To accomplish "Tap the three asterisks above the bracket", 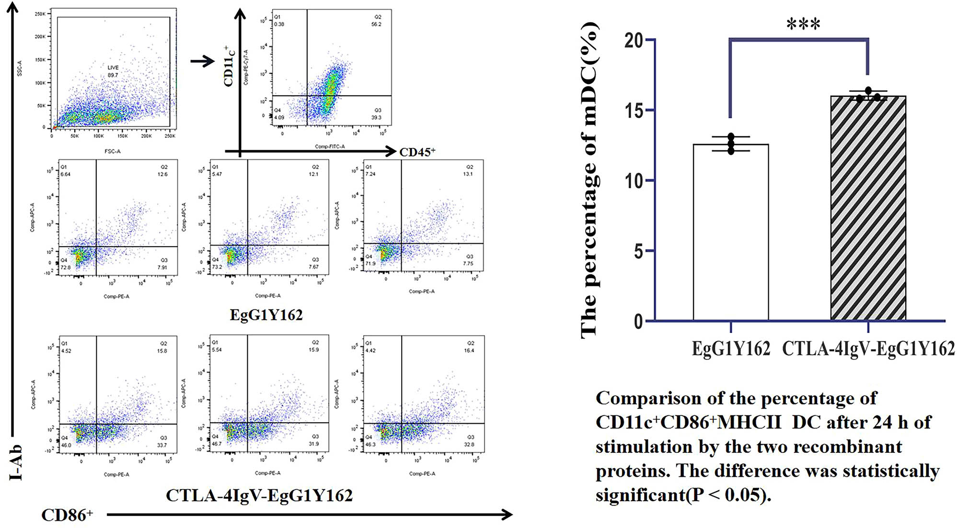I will click(x=804, y=24).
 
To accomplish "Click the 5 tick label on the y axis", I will click(x=638, y=251).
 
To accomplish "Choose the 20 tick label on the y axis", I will click(x=634, y=41).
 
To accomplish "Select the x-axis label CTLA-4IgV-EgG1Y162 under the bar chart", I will click(x=868, y=349).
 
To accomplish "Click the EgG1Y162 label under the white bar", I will click(x=731, y=349).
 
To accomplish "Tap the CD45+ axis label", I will click(x=417, y=152).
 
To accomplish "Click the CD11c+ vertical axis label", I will click(x=230, y=67).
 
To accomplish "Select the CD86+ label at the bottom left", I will click(x=67, y=515).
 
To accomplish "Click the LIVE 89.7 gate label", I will click(x=113, y=71).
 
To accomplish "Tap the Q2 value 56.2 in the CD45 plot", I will click(x=376, y=24).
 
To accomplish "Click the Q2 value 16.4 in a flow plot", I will click(x=469, y=350).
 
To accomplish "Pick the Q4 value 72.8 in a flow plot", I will click(x=66, y=267).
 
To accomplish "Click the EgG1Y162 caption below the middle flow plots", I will click(x=266, y=315).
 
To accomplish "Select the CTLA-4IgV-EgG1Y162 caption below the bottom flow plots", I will click(x=259, y=495).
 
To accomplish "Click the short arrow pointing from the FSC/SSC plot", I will click(x=202, y=61).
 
